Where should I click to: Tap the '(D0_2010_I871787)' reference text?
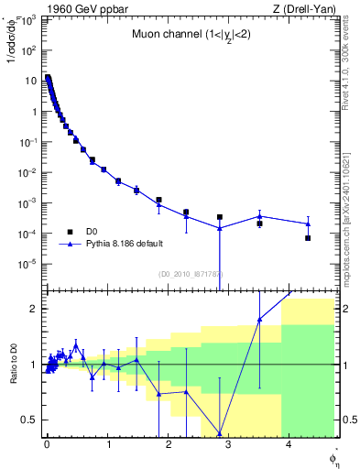pyautogui.click(x=191, y=274)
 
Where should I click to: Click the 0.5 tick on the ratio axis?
pyautogui.click(x=34, y=420)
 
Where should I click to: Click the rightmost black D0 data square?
pyautogui.click(x=308, y=238)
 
